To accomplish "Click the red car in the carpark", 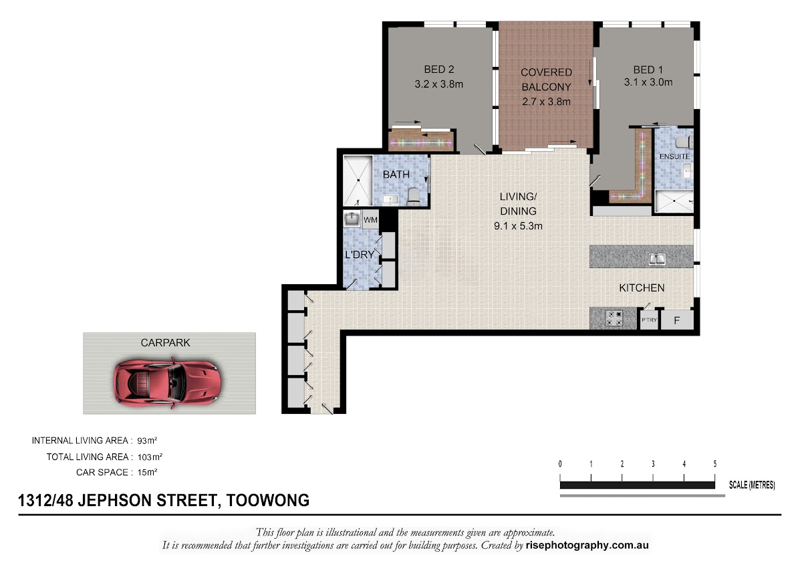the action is pyautogui.click(x=168, y=383).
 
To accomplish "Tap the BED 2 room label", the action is pyautogui.click(x=439, y=69).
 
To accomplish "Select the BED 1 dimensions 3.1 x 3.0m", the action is pyautogui.click(x=648, y=82).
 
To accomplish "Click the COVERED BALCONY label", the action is pyautogui.click(x=547, y=80).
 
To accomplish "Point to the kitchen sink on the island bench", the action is pyautogui.click(x=658, y=259).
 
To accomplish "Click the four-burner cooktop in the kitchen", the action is pyautogui.click(x=614, y=318).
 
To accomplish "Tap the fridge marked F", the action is pyautogui.click(x=676, y=320).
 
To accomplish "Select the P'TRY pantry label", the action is pyautogui.click(x=649, y=320).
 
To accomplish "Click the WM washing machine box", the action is pyautogui.click(x=370, y=219).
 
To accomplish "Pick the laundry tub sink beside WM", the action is pyautogui.click(x=352, y=219).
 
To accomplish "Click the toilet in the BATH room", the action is pyautogui.click(x=414, y=197).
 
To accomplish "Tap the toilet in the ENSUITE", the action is pyautogui.click(x=683, y=142).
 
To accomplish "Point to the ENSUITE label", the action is pyautogui.click(x=674, y=156).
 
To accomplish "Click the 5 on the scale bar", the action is pyautogui.click(x=714, y=464).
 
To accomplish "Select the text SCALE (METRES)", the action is pyautogui.click(x=752, y=485).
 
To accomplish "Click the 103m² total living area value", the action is pyautogui.click(x=150, y=457).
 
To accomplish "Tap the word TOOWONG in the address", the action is pyautogui.click(x=268, y=500).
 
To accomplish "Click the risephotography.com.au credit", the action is pyautogui.click(x=587, y=546).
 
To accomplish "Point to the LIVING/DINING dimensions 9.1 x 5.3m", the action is pyautogui.click(x=518, y=226).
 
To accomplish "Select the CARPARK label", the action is pyautogui.click(x=166, y=343).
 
